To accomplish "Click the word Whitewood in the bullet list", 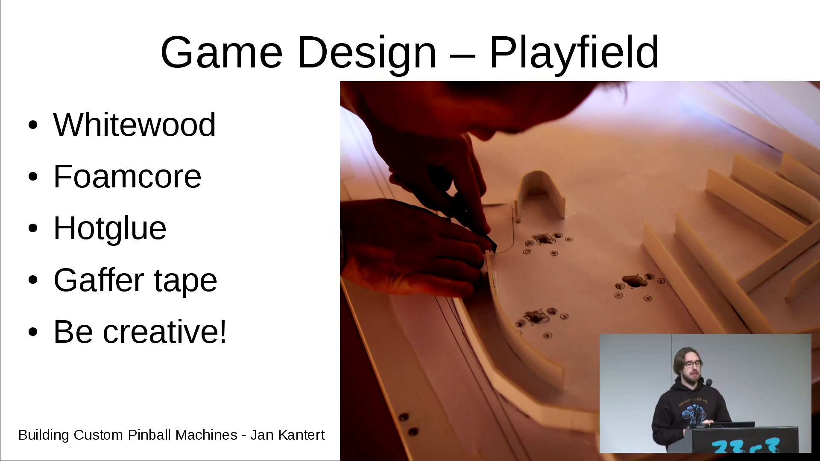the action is tap(135, 125).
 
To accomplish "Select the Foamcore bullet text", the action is tap(127, 176).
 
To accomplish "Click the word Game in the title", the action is tap(221, 52).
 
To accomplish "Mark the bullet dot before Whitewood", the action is tap(33, 125).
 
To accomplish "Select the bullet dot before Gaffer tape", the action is tap(33, 280).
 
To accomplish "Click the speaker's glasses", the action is tap(692, 365).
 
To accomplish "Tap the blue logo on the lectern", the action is tap(746, 446).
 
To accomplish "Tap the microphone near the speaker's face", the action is tap(709, 383).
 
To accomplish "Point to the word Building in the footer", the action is tap(44, 435).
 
